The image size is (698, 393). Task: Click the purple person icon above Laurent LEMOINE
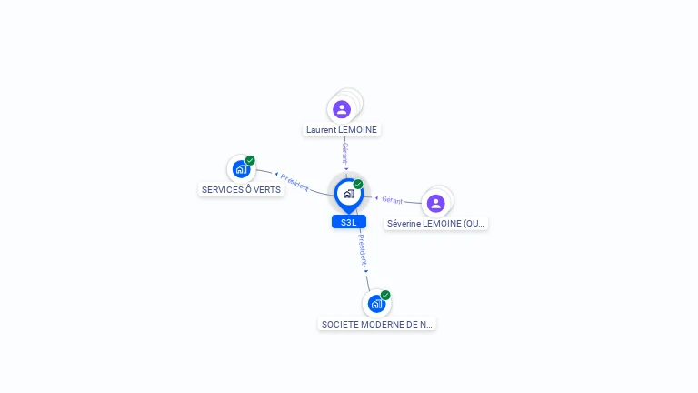[x=342, y=109]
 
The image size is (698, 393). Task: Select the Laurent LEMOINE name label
[x=342, y=130]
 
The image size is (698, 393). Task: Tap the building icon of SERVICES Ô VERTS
[x=241, y=169]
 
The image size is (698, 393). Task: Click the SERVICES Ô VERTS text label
[x=241, y=190]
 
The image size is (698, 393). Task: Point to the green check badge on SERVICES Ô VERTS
[x=250, y=160]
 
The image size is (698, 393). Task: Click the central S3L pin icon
[x=348, y=193]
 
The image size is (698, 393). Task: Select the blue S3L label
[x=348, y=222]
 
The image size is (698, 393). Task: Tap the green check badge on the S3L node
[x=358, y=184]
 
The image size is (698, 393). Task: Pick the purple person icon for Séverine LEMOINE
[x=435, y=203]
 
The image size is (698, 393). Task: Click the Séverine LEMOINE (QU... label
[x=436, y=224]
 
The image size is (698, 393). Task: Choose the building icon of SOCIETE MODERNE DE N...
[x=375, y=304]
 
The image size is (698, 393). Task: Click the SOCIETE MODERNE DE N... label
[x=377, y=324]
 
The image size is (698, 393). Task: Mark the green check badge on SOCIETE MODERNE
[x=385, y=295]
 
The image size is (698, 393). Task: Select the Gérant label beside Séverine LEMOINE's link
[x=393, y=199]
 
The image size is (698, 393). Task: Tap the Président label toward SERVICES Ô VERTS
[x=294, y=182]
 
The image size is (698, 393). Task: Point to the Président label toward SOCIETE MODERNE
[x=362, y=248]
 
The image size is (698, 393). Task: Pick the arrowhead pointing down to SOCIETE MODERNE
[x=366, y=270]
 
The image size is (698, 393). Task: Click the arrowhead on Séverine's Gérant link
[x=377, y=197]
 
